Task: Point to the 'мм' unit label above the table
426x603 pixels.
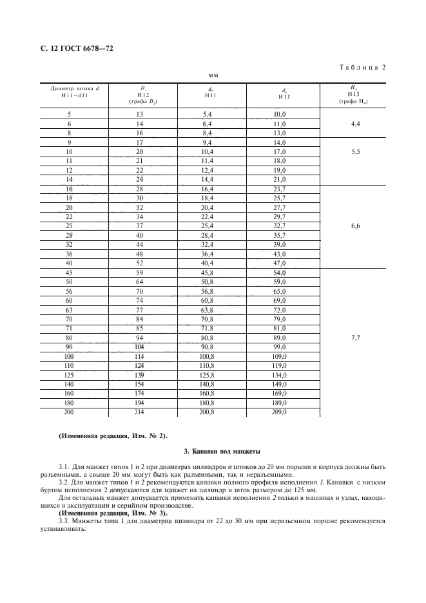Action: (x=212, y=75)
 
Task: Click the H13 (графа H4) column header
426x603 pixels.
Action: (x=353, y=93)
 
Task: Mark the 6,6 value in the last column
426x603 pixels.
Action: (x=354, y=227)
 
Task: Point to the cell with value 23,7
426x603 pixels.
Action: (x=279, y=189)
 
